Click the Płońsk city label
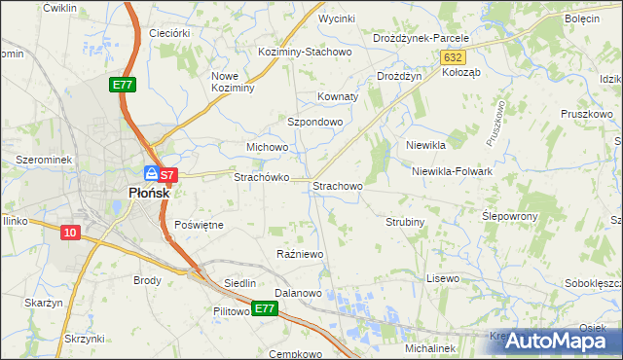[149, 193]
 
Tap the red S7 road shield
[167, 176]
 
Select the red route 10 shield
[69, 233]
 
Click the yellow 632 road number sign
[451, 58]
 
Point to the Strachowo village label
[337, 185]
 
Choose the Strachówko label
[260, 178]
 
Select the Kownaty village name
[339, 97]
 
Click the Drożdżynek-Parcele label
[421, 38]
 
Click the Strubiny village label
[405, 222]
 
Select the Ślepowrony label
[510, 215]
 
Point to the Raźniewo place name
[300, 254]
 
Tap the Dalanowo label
[298, 292]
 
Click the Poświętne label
[199, 225]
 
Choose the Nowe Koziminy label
[233, 82]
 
